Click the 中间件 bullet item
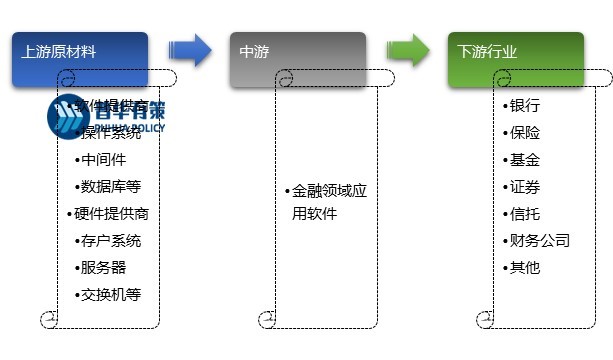click(x=102, y=159)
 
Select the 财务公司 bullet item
click(x=537, y=240)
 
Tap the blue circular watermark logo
click(x=69, y=117)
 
